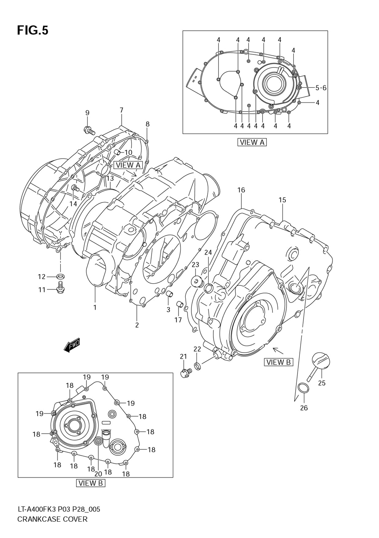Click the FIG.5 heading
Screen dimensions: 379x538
pos(33,31)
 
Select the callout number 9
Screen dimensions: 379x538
pos(87,113)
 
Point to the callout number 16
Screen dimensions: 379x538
pos(241,190)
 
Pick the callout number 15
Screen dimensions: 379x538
pos(282,200)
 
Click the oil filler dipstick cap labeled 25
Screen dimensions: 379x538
pos(318,367)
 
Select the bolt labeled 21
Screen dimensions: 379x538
pos(186,373)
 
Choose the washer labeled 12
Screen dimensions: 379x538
pos(60,276)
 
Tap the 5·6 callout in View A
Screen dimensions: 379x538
pos(321,88)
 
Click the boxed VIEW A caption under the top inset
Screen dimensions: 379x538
pos(252,142)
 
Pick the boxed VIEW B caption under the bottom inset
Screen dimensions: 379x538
pos(91,489)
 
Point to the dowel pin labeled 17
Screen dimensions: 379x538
pos(180,304)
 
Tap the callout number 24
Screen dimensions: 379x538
pos(208,253)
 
